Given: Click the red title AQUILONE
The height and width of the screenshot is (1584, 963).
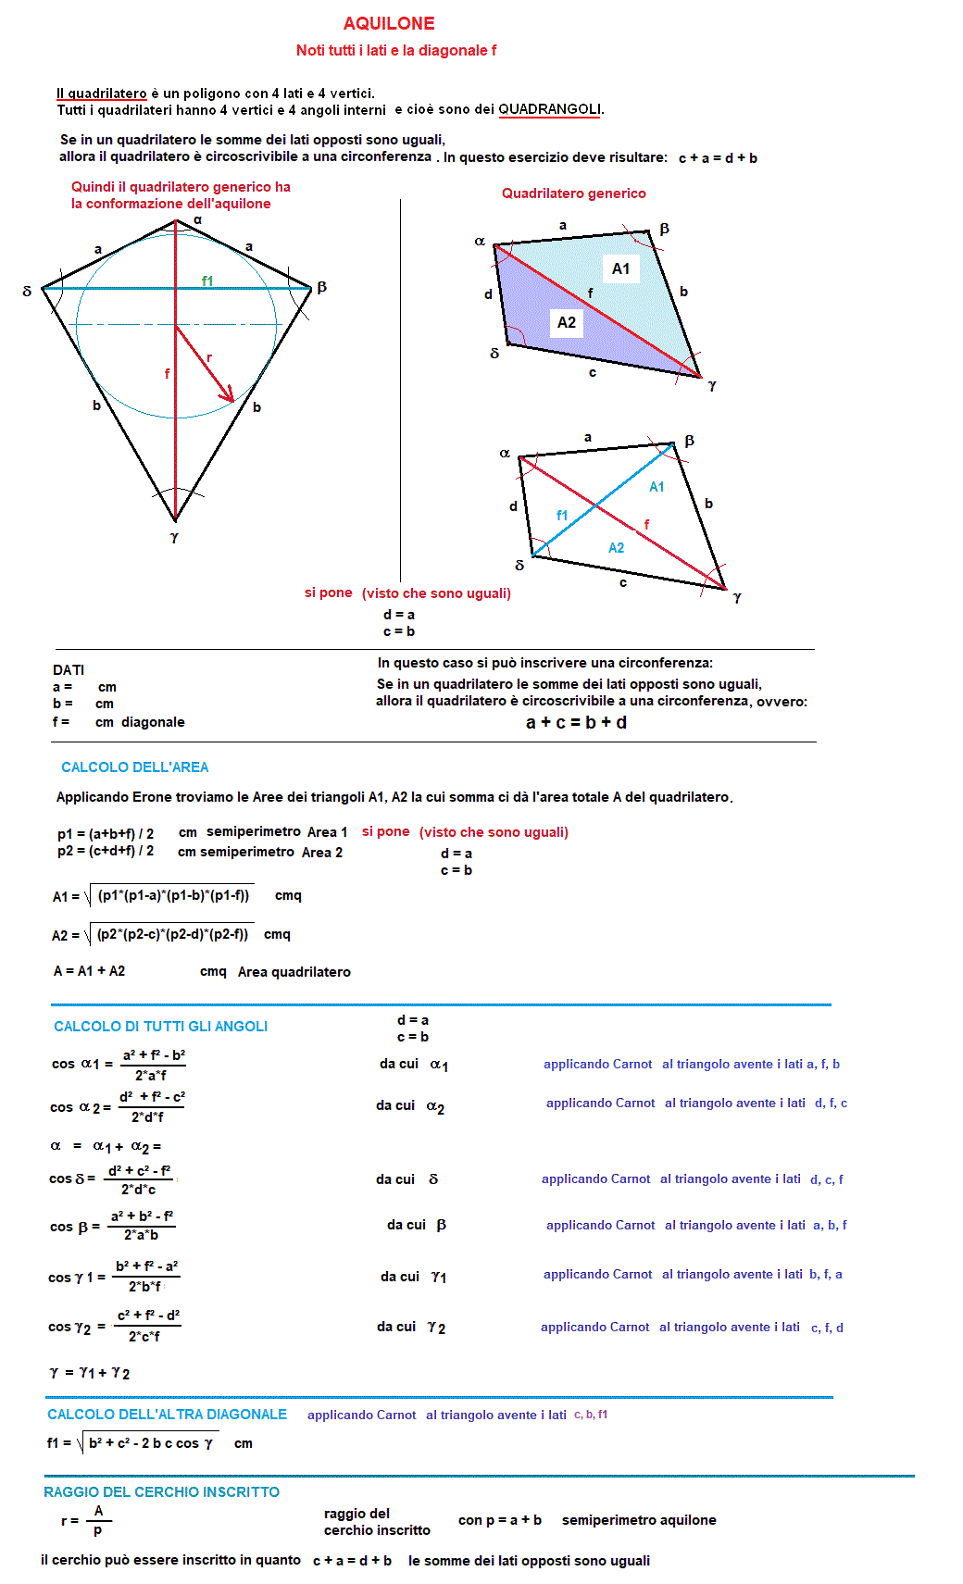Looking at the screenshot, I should (389, 23).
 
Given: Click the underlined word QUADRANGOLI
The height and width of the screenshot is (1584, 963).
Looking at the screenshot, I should (550, 109).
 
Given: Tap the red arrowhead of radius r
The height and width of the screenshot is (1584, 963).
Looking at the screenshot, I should (228, 396).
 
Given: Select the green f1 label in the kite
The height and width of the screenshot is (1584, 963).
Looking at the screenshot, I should (207, 281).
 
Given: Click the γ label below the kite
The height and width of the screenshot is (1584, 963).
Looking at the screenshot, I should (174, 537).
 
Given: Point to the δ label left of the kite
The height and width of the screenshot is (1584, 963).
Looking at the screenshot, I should (27, 291).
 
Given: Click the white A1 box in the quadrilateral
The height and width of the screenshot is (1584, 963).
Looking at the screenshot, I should (621, 268).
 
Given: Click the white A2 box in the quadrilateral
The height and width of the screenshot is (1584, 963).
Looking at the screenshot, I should (567, 322).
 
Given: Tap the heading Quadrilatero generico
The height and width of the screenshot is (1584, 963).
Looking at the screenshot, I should (574, 193).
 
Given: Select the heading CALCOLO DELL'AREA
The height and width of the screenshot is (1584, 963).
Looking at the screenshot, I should (135, 767).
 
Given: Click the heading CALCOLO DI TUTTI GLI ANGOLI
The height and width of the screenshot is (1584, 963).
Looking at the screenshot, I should (161, 1027).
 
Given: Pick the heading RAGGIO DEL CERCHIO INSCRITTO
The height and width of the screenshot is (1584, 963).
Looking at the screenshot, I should (162, 1492).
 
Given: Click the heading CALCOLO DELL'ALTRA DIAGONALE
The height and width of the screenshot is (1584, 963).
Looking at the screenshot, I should (168, 1415).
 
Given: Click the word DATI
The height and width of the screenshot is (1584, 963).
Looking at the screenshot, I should (69, 670).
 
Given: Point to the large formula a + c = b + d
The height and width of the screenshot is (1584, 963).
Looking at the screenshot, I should (576, 722).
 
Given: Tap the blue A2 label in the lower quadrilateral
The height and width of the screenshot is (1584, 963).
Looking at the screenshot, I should (616, 548).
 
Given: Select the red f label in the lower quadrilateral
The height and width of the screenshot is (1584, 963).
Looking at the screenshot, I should (646, 525).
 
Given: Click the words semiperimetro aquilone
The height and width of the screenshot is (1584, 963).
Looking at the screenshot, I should (639, 1520).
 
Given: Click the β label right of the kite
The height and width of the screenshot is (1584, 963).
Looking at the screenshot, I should (321, 287).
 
